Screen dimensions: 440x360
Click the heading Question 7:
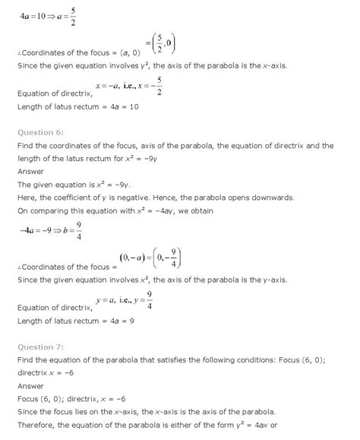40,347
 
